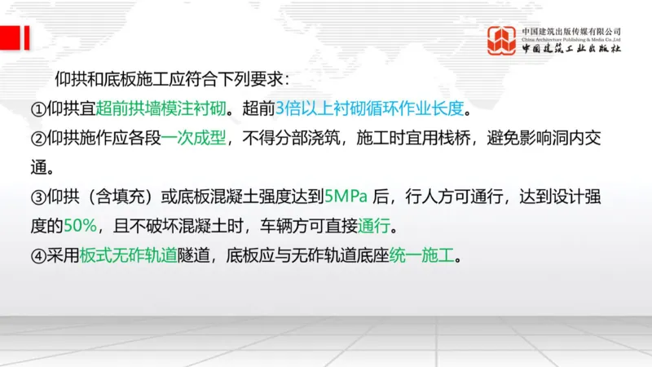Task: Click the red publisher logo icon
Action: tap(502, 41)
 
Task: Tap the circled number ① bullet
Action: tap(38, 108)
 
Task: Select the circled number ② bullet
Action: tap(38, 138)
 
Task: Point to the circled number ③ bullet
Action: tap(38, 197)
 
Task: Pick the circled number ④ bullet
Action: tap(38, 255)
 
